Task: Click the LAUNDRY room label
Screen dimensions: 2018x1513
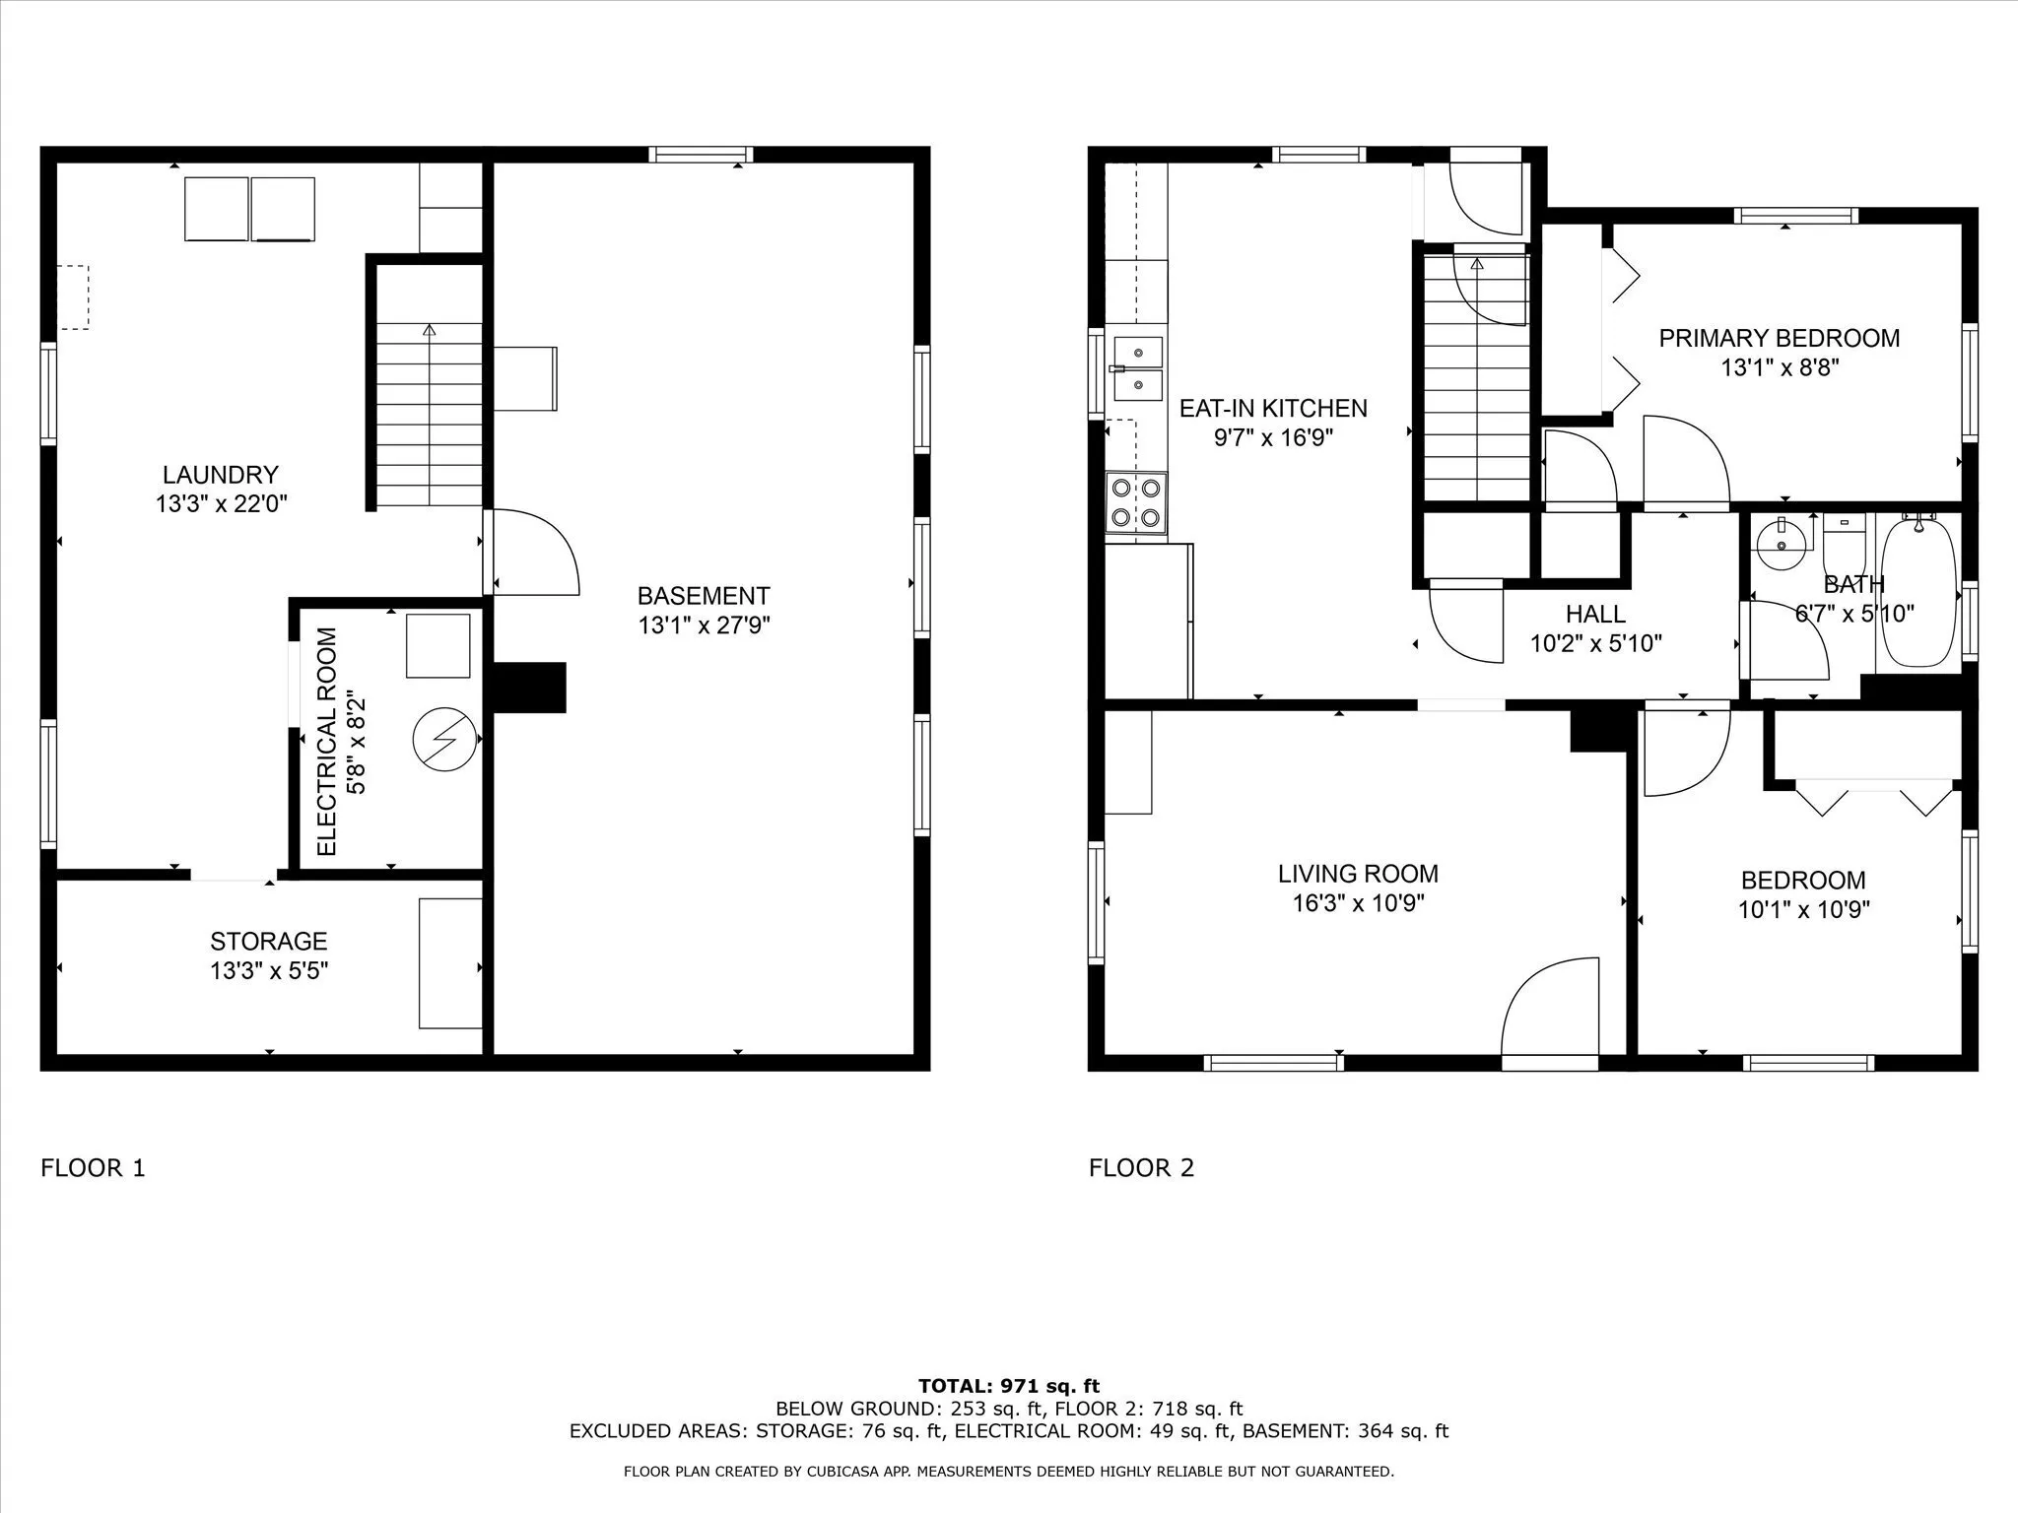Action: tap(221, 475)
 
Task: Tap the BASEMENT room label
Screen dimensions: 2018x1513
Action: tap(704, 596)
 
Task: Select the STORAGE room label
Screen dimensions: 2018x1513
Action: tap(268, 941)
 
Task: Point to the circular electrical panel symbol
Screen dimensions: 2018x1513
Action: tap(444, 739)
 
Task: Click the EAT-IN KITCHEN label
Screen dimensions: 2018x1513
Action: tap(1273, 408)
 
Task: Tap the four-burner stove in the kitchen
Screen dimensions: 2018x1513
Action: tap(1136, 503)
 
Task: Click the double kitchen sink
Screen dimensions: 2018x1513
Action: tap(1138, 368)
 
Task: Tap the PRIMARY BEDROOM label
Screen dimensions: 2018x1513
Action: tap(1780, 339)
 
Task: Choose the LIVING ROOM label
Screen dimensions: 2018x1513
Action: tap(1358, 874)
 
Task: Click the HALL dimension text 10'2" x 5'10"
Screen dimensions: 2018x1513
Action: tap(1596, 644)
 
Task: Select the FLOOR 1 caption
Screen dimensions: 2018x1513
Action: tap(93, 1168)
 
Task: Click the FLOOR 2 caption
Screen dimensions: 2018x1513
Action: tap(1141, 1168)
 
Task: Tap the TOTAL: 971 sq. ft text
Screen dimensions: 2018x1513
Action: tap(1009, 1387)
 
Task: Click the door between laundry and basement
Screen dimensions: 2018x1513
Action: tap(531, 552)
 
